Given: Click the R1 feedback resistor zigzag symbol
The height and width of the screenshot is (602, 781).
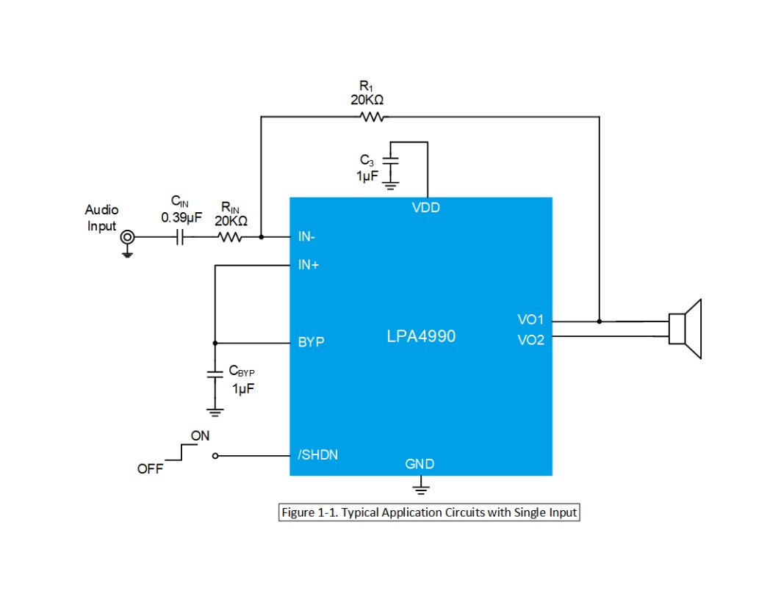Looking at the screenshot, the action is (372, 117).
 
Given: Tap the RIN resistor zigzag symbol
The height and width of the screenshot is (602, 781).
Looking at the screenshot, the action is (230, 237).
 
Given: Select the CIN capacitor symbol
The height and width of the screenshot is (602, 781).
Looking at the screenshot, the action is (180, 237).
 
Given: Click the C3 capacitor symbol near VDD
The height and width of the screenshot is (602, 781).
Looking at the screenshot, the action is (391, 160).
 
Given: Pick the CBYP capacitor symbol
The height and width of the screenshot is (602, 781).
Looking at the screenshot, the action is (215, 374).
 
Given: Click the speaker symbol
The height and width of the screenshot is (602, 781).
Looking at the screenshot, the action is (685, 329).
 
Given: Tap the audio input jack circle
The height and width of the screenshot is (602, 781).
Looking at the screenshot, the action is (128, 237).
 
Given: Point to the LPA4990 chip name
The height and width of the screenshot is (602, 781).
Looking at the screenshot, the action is (421, 336).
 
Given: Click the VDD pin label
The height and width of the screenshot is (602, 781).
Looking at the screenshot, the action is (426, 208).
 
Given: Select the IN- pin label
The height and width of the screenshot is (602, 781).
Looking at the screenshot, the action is (306, 237).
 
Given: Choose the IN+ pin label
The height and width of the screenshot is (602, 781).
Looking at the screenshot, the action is (309, 265).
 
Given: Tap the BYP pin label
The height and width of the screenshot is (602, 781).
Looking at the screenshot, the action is (312, 342).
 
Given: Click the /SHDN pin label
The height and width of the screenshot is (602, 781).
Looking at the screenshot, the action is (318, 454).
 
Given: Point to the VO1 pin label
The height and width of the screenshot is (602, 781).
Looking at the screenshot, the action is (530, 319).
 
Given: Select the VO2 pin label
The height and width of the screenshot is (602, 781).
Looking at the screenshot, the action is (530, 341).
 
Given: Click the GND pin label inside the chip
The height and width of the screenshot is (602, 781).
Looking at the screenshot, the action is (420, 464).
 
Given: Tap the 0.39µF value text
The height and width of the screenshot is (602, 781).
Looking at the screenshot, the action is (181, 218).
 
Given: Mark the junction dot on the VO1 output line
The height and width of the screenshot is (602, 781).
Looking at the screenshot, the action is (600, 322).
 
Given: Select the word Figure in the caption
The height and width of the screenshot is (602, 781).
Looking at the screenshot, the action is (298, 512).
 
